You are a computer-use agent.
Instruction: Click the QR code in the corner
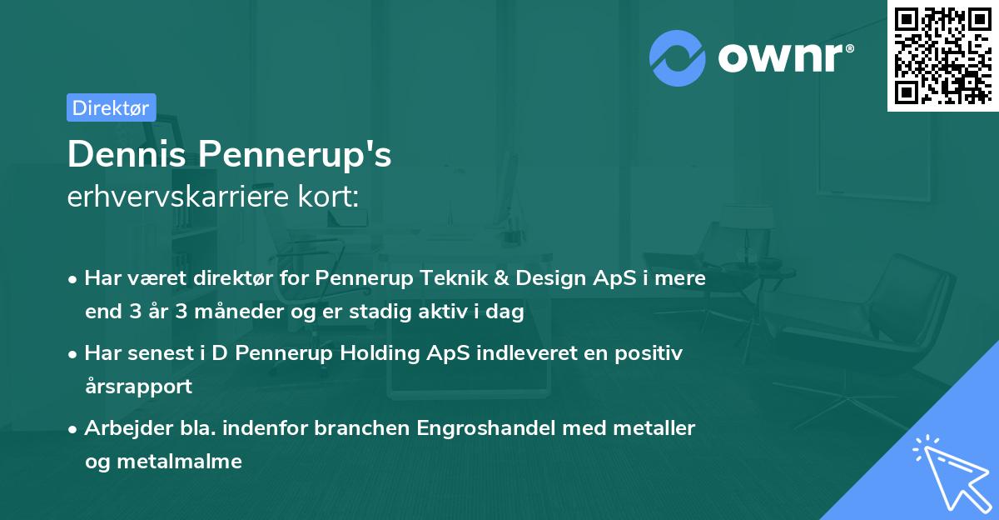click(x=942, y=56)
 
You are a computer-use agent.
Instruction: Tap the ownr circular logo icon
click(x=678, y=57)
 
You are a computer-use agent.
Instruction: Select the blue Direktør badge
click(x=111, y=107)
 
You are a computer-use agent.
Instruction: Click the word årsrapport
click(x=138, y=387)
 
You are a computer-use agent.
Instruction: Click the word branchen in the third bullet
click(x=365, y=428)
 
